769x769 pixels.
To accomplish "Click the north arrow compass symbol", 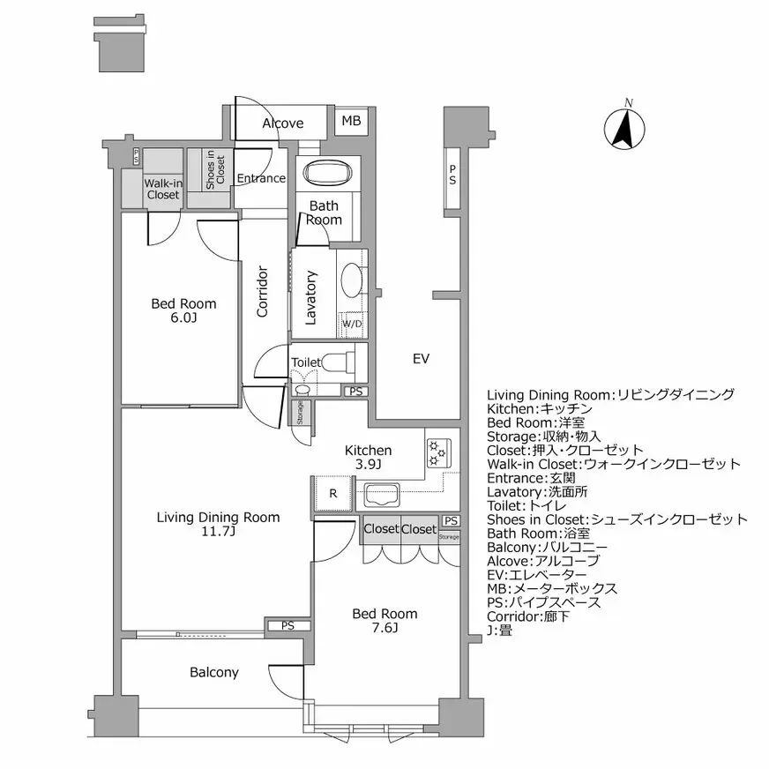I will [625, 128].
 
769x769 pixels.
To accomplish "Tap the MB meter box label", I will [351, 122].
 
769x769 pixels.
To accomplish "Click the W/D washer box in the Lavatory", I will [352, 325].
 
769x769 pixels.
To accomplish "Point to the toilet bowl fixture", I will [340, 362].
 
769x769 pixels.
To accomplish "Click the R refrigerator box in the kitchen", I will [332, 494].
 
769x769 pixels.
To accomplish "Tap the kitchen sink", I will [382, 494].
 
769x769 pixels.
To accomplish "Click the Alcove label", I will [282, 123].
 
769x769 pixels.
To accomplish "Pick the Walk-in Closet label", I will [162, 189].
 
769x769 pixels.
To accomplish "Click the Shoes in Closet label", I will [215, 169].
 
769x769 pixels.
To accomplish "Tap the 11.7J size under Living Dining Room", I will [218, 532].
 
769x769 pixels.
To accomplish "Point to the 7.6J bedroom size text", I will [384, 629].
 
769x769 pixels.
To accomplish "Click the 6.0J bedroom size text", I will [183, 318].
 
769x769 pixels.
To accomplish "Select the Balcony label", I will [214, 673].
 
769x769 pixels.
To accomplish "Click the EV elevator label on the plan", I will [421, 359].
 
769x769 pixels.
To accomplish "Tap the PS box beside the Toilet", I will [355, 392].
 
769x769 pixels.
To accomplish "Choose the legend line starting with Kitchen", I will [539, 409].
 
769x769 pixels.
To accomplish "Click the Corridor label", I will [262, 291].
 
